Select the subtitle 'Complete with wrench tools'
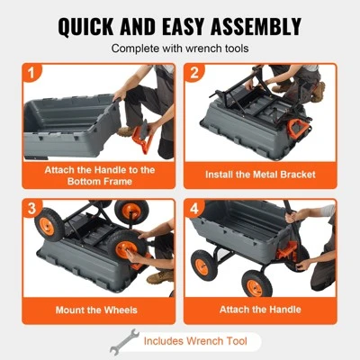180,49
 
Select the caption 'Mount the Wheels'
96,310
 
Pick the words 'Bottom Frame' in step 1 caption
96,181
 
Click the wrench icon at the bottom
122,342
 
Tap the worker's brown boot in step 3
159,277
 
